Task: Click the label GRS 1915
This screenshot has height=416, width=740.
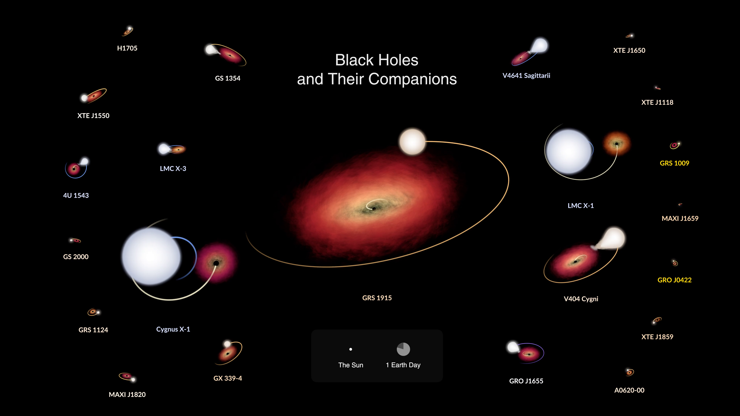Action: point(377,298)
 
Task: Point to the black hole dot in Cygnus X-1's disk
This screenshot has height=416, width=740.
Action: point(216,263)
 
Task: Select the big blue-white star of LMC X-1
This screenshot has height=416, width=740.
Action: point(569,151)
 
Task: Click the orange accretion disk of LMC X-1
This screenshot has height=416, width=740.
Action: point(616,143)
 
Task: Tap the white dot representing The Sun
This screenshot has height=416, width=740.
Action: point(351,349)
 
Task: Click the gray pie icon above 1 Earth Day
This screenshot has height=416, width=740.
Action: point(403,349)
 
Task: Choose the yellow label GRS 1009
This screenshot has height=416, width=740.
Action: point(674,163)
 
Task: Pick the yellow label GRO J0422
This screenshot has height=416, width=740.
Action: point(674,280)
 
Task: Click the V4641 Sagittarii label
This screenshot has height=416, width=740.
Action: point(526,75)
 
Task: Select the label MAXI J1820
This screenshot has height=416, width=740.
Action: point(127,394)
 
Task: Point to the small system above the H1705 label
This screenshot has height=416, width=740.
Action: point(128,31)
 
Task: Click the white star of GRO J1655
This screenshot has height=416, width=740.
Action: point(512,347)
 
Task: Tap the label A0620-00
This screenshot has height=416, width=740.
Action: point(629,390)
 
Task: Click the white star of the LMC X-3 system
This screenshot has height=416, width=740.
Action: point(164,149)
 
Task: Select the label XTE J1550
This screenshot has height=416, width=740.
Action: point(93,116)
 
